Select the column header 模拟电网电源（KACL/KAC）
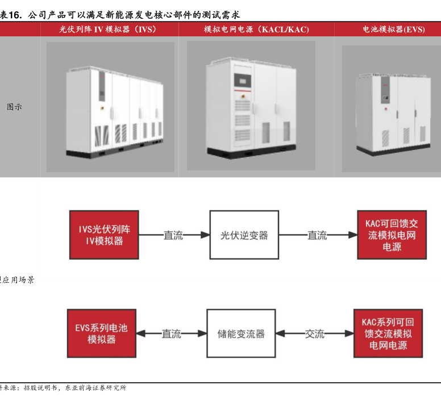pos(256,29)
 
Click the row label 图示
pos(14,106)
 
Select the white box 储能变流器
pos(241,333)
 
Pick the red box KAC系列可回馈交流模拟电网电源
pos(388,333)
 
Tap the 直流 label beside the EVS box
pos(171,334)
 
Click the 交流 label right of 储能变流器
pos(314,334)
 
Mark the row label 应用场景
pos(18,279)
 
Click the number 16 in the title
pos(21,15)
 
